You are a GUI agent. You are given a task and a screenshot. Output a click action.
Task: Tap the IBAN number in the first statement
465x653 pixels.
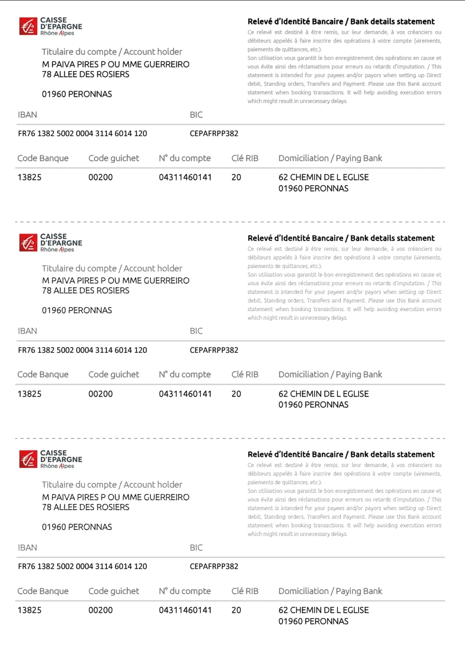83,134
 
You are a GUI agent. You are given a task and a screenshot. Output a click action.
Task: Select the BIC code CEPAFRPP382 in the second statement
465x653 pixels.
214,350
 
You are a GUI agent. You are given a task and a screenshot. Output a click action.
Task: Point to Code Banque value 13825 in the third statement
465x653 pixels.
30,610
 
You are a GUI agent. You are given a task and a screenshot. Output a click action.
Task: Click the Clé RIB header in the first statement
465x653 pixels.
245,158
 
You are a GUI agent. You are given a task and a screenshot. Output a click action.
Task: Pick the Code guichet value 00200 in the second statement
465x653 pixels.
100,394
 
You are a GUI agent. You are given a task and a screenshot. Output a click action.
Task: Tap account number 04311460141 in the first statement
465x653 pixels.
185,177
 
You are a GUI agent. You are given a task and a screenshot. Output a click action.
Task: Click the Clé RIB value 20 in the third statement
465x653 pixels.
236,610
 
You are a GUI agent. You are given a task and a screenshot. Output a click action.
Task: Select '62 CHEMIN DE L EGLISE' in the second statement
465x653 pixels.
324,394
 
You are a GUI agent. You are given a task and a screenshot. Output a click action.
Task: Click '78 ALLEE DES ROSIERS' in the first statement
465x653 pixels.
86,74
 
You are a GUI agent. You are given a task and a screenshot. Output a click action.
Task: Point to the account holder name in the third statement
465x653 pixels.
116,497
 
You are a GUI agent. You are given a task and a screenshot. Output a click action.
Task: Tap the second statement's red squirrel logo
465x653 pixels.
28,243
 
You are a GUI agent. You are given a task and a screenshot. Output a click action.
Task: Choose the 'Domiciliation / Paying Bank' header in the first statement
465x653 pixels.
330,158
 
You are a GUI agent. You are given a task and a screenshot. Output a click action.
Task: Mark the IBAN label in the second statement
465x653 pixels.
27,331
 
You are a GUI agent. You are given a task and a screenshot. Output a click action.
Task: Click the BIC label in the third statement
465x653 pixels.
196,548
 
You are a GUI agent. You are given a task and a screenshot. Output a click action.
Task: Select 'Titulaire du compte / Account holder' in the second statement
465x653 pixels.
112,268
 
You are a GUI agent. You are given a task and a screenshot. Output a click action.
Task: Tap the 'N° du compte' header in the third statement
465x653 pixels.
185,591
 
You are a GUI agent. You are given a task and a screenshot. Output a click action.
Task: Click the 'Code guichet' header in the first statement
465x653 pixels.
114,158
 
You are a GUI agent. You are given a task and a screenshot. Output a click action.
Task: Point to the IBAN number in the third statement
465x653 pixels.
83,566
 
